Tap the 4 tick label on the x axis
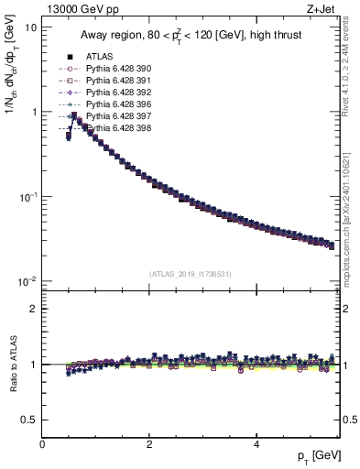256,443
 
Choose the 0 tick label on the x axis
42,443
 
